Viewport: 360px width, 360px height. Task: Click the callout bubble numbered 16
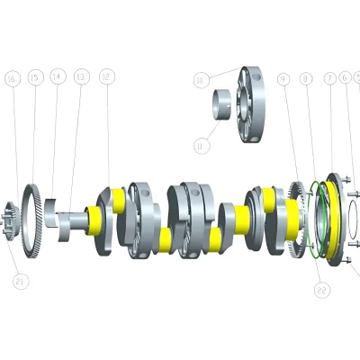[x=12, y=79]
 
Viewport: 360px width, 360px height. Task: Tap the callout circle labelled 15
[x=34, y=79]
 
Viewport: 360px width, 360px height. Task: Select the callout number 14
[x=58, y=79]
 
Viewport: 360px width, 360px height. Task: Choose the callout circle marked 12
[x=107, y=79]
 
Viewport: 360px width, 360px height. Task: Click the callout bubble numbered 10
[x=200, y=80]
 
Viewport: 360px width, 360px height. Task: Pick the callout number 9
[x=284, y=80]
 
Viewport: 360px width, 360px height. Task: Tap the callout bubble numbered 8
[x=307, y=80]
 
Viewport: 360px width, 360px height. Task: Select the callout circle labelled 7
[x=329, y=80]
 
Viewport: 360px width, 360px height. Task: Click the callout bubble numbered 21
[x=20, y=282]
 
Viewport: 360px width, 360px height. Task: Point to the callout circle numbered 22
[x=322, y=289]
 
